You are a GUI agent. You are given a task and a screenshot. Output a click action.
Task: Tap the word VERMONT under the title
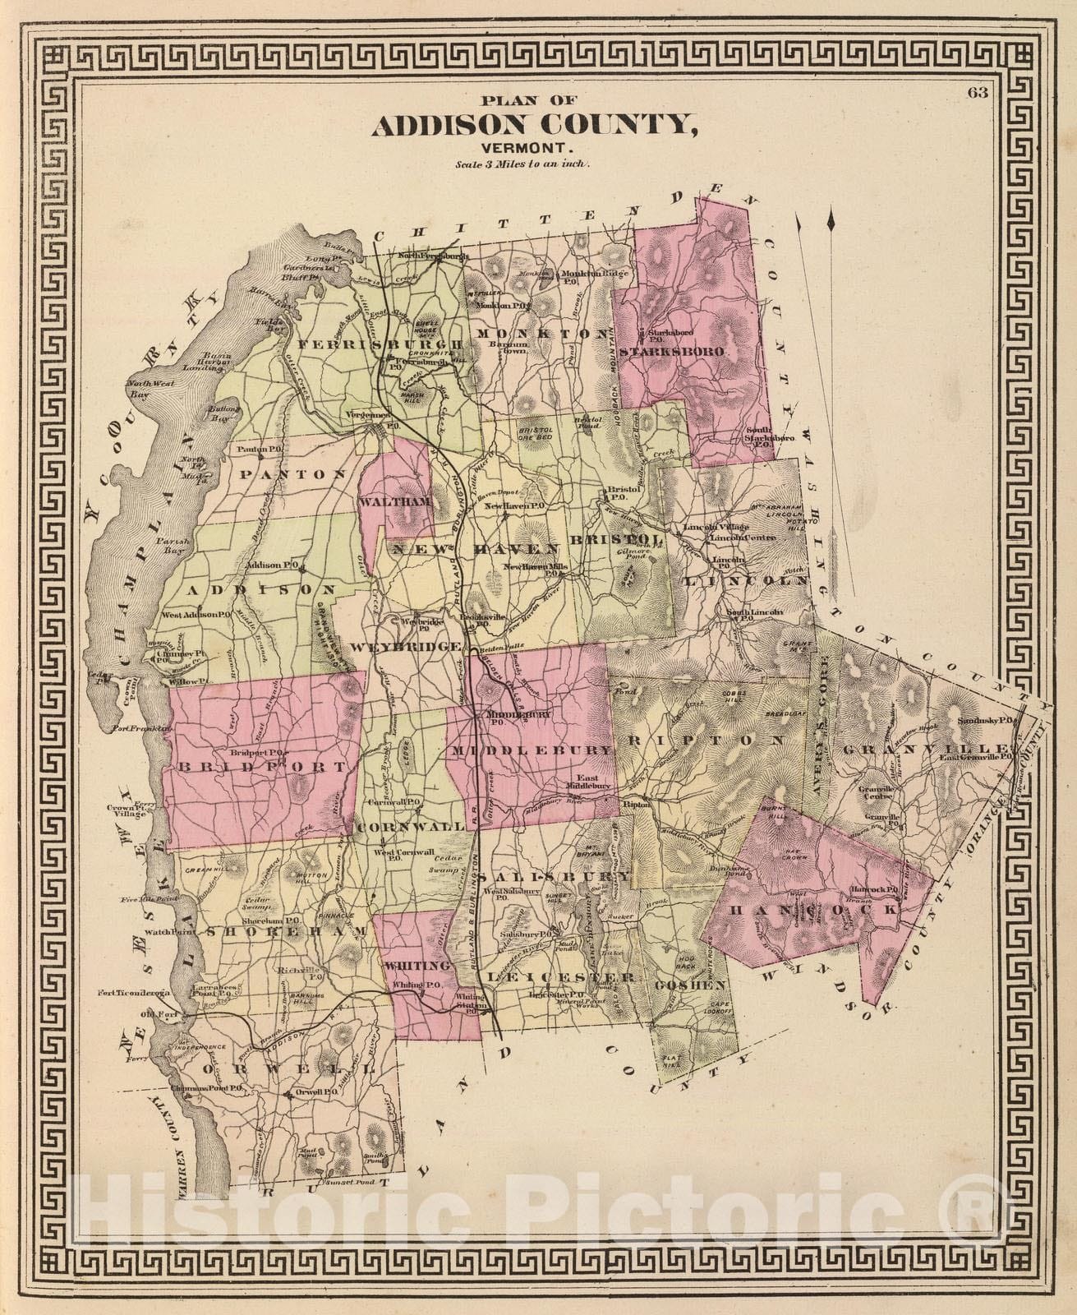[x=532, y=148]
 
